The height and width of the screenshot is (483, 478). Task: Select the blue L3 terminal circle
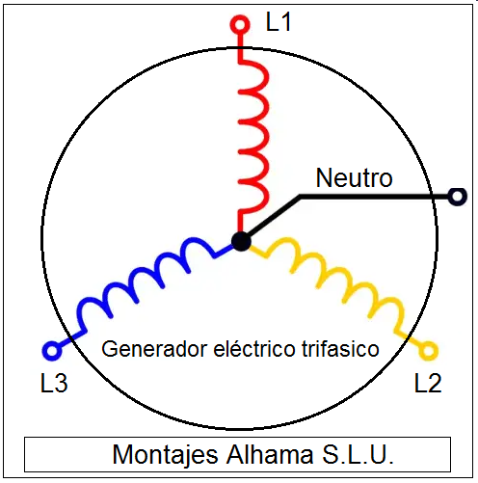pos(52,350)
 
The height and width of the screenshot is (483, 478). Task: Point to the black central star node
pos(241,241)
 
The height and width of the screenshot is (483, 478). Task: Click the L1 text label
pos(279,22)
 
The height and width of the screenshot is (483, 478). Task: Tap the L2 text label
pos(428,383)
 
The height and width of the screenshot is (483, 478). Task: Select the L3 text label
pos(54,383)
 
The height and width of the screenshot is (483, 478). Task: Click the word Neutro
pos(354,177)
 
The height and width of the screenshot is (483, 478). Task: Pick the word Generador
pos(154,349)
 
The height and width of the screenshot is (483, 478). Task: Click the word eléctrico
pos(254,348)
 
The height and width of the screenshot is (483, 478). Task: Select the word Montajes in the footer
pos(166,455)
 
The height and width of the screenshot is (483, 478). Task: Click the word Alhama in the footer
pos(270,454)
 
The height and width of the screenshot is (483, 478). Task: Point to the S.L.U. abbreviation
pos(358,454)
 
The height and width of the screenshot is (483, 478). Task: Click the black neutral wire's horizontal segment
pos(374,197)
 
